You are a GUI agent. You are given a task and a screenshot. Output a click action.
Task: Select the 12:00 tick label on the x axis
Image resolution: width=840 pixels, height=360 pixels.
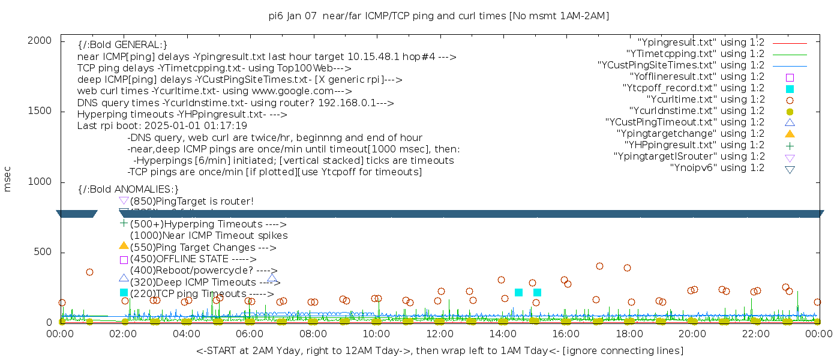click(x=439, y=334)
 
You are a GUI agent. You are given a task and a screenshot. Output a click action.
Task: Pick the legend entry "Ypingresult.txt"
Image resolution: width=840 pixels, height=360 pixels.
click(x=701, y=43)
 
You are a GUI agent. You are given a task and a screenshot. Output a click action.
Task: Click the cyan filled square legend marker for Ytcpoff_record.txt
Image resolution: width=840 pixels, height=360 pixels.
click(x=790, y=88)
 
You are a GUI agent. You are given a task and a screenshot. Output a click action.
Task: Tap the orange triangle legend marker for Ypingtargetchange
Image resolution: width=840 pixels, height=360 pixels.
click(x=790, y=133)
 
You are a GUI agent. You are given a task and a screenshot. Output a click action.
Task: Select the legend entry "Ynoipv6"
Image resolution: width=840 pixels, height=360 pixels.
click(x=717, y=168)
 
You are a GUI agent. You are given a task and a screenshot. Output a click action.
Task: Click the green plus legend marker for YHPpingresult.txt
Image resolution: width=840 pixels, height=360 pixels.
click(x=790, y=145)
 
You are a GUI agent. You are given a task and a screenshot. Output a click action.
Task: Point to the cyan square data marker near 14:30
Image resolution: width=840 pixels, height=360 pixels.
click(x=518, y=292)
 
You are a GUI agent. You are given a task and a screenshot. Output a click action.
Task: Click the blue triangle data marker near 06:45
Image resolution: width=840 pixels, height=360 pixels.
click(x=272, y=278)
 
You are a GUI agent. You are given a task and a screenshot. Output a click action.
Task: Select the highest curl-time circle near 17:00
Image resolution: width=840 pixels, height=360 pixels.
click(x=599, y=266)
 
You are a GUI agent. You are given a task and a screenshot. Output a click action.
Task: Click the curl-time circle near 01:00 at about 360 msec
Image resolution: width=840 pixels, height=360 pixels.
click(x=89, y=272)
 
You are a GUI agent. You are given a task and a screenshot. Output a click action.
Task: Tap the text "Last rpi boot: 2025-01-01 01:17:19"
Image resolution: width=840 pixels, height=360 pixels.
click(x=162, y=126)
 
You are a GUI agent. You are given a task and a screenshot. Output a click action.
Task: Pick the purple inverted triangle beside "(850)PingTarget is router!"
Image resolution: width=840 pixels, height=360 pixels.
click(x=124, y=200)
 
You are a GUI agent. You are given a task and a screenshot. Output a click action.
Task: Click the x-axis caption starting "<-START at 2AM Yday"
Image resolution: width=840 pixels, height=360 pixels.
click(x=439, y=350)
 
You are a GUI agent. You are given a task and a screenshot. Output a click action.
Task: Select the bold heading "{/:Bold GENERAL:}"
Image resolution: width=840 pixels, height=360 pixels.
click(x=122, y=45)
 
